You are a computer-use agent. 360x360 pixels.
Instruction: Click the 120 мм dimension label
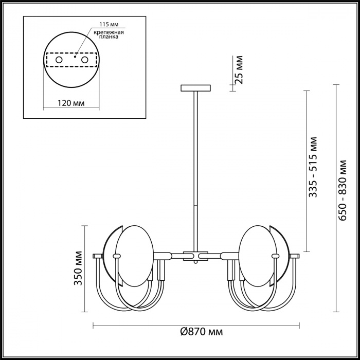[71, 103]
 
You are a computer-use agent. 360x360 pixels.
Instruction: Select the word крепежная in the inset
[109, 32]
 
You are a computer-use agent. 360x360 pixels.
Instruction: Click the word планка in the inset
[109, 37]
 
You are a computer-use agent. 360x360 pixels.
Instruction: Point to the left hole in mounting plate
[59, 60]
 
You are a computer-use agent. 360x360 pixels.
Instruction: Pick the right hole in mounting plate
[84, 60]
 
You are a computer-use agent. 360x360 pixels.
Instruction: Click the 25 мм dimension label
[239, 69]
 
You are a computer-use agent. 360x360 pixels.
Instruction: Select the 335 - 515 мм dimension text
[313, 167]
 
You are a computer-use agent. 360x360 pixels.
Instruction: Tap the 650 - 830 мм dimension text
[342, 190]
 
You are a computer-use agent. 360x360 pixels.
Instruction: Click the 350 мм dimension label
[78, 268]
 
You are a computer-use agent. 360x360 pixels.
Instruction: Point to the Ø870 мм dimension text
[202, 332]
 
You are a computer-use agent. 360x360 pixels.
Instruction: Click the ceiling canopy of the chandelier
[195, 88]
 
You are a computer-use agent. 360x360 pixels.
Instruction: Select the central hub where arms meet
[195, 256]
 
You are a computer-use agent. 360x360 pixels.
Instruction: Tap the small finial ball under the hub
[195, 262]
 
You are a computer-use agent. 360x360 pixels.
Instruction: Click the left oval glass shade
[135, 256]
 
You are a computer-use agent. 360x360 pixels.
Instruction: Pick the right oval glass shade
[257, 256]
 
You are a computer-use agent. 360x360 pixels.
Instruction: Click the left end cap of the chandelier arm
[98, 256]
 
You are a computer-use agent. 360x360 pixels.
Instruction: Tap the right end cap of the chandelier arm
[294, 256]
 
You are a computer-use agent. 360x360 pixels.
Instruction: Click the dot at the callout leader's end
[75, 57]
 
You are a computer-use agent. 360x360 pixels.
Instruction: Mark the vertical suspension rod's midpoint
[195, 172]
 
